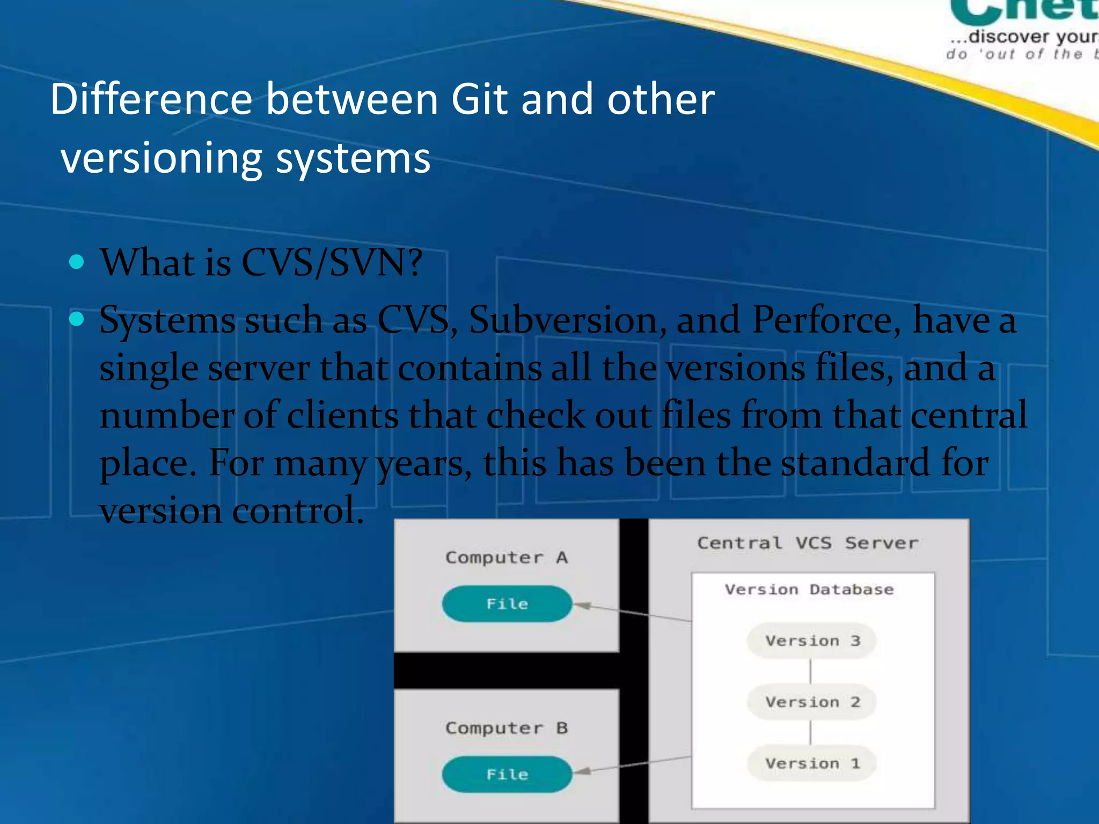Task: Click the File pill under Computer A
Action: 507,604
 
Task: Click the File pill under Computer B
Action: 507,774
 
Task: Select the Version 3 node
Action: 811,641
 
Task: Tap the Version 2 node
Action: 811,702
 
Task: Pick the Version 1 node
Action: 811,763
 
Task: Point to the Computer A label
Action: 507,557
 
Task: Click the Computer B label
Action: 507,728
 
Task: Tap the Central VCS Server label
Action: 808,543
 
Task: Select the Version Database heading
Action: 809,589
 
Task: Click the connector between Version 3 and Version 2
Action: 810,671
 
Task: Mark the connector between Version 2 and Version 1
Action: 810,732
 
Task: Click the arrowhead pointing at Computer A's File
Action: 583,606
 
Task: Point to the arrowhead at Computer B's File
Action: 583,771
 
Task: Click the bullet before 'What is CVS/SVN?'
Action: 77,262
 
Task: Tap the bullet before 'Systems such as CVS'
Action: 77,319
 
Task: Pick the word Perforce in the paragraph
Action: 826,320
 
